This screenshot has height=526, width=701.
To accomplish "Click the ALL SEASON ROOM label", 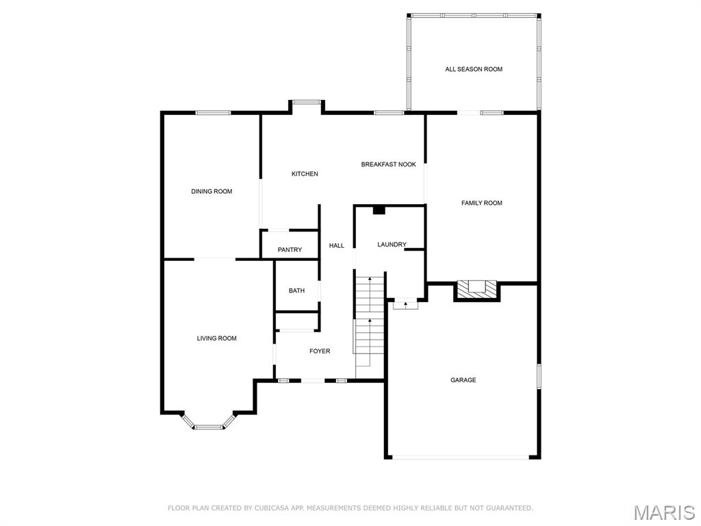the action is [474, 69].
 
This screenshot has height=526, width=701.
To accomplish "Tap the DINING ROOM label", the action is [212, 192].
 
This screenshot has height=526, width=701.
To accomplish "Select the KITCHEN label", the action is [305, 174].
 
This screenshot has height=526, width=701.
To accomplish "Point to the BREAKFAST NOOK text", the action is [389, 164].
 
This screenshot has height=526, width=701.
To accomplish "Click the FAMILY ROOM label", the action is [481, 203].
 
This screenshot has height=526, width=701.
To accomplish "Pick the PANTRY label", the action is [290, 250].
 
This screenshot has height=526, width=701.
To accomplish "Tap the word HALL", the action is [337, 246].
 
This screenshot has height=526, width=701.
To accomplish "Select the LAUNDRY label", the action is [392, 245].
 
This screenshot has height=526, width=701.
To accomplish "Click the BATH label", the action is [296, 290].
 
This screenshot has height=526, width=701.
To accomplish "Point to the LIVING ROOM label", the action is [216, 338].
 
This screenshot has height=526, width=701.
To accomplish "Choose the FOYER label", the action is [320, 351].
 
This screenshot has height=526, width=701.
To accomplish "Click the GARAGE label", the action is [463, 380].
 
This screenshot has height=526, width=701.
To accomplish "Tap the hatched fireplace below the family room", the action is [476, 290].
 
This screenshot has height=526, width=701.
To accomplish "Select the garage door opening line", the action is [461, 457].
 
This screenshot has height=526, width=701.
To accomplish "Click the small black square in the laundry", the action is [379, 210].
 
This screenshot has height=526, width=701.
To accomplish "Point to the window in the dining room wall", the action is [214, 113].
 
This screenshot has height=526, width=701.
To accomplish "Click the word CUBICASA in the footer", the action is [272, 508].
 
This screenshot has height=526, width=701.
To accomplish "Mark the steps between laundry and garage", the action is [405, 305].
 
